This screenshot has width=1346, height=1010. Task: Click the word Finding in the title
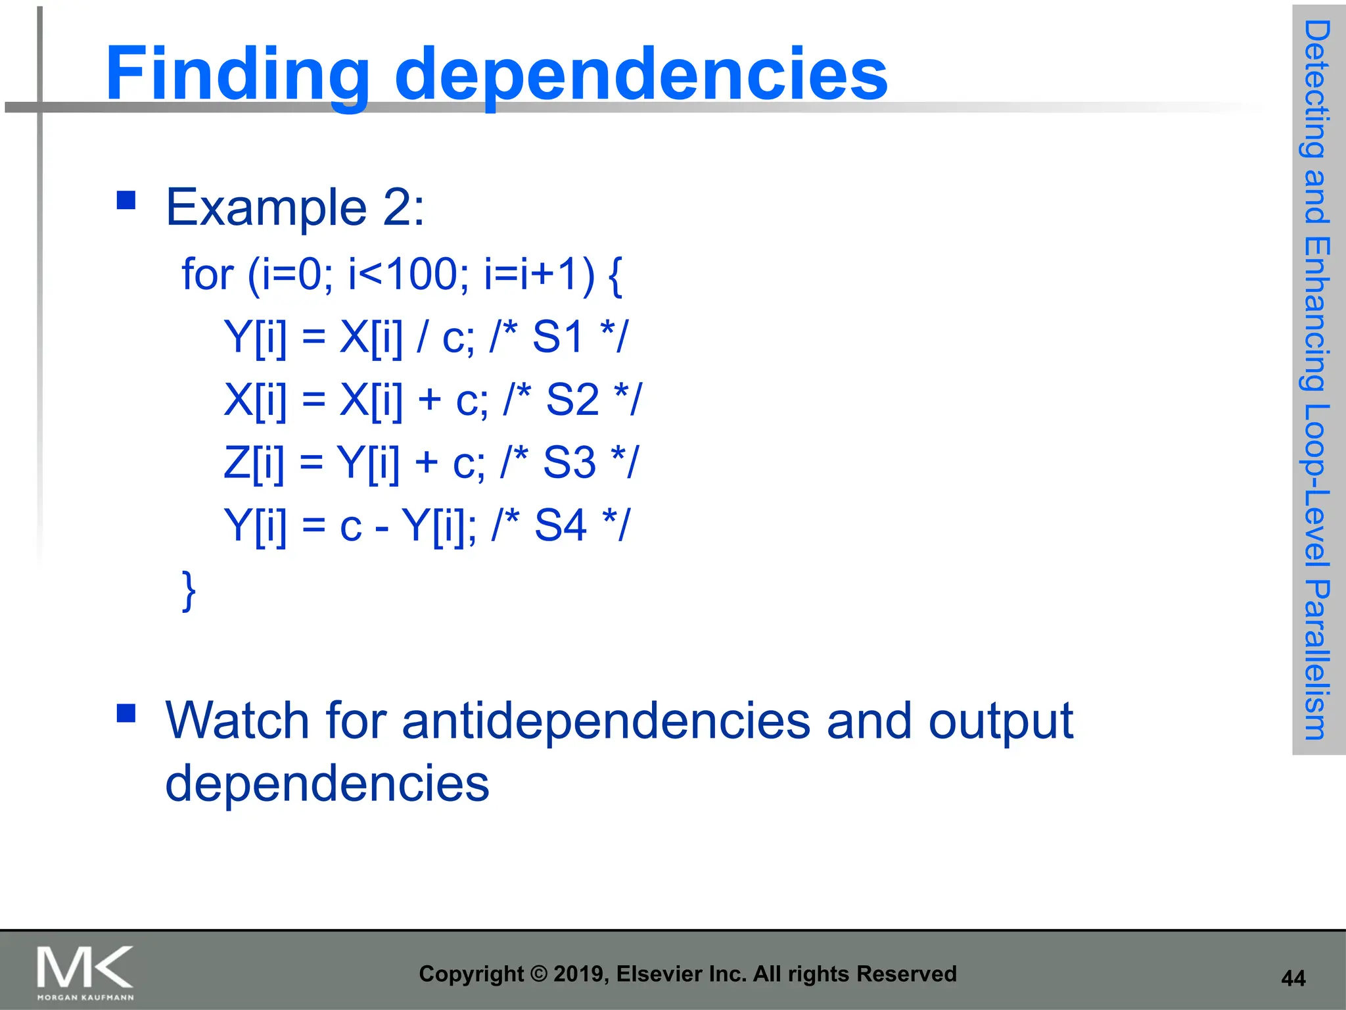237,74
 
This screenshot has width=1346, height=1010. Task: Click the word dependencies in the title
641,75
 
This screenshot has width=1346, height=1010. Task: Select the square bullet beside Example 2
126,200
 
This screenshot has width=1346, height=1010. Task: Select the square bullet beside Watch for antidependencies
126,713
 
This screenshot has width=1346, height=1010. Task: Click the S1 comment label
558,337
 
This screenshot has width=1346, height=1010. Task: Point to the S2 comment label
572,399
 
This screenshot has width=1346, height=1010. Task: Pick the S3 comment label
569,462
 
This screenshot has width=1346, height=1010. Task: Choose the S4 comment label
561,525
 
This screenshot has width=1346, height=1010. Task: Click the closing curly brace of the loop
189,590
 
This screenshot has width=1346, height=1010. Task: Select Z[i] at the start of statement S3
254,462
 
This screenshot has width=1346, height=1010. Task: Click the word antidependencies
606,721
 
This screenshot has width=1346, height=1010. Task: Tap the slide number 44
1293,978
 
